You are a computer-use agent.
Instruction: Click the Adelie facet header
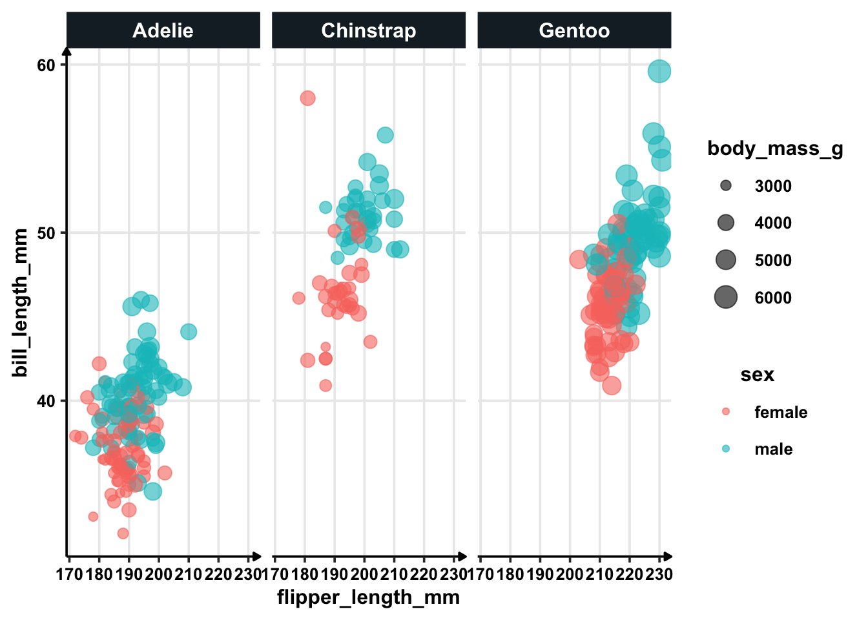163,30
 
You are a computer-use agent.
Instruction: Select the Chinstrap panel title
368,30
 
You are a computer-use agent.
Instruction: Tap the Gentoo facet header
574,30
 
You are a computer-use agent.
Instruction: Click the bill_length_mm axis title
21,302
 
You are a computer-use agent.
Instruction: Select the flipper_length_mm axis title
368,597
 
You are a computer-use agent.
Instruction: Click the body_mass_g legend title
775,149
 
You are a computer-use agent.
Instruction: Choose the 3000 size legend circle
726,186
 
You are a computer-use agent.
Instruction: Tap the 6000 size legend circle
726,298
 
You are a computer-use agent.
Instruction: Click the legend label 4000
773,223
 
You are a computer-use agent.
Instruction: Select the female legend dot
726,411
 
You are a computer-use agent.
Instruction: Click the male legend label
773,449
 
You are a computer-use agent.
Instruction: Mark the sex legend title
757,375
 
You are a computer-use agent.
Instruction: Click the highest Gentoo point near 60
659,71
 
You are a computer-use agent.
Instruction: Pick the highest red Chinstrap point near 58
307,98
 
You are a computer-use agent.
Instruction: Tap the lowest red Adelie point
123,533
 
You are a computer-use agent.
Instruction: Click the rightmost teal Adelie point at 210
189,332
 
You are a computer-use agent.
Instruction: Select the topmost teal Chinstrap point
385,136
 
